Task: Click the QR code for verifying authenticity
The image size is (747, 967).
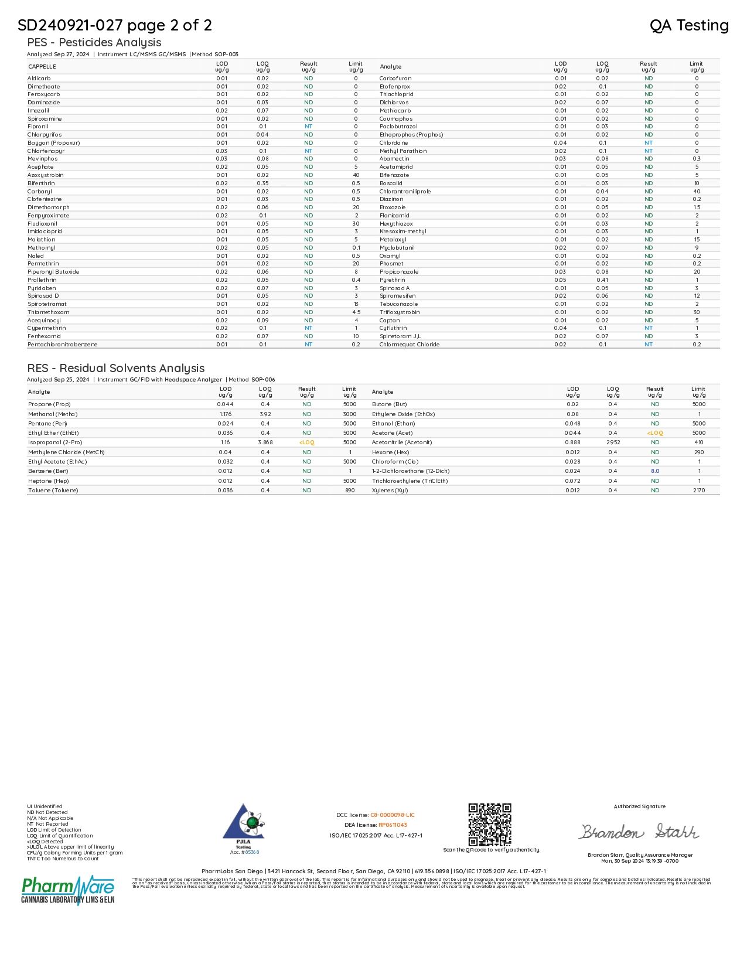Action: pos(489,824)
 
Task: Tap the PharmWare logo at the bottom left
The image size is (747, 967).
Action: pos(68,890)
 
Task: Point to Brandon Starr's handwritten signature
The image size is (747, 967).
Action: pos(639,832)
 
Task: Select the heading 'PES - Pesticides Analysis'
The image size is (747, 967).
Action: pos(94,42)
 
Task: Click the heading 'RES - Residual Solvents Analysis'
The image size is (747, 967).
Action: pos(116,368)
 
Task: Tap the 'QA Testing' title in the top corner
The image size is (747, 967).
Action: pos(689,25)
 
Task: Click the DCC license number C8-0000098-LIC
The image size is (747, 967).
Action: pos(393,815)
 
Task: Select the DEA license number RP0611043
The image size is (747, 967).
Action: pos(393,825)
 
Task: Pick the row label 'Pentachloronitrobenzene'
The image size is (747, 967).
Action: pos(63,345)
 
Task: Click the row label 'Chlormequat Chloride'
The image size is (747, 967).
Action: pos(409,345)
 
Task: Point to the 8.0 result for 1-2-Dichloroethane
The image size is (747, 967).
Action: pos(655,471)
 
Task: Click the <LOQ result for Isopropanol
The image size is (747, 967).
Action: pos(306,442)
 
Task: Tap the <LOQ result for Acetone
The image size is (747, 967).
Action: pos(655,433)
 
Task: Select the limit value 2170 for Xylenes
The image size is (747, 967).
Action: pos(699,491)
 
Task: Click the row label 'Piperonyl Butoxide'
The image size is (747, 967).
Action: pos(53,272)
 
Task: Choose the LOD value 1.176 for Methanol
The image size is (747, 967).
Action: pos(226,414)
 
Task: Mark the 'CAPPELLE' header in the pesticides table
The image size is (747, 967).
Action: pos(42,67)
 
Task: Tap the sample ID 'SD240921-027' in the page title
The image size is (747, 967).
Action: pos(70,25)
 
